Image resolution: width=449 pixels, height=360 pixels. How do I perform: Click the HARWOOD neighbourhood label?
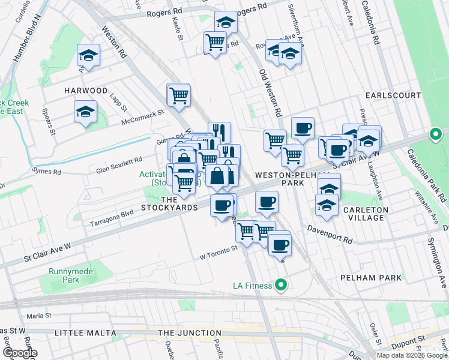click(x=86, y=91)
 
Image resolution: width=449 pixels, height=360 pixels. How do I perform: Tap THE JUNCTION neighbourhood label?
click(x=186, y=333)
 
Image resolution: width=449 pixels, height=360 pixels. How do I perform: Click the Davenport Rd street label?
click(x=330, y=235)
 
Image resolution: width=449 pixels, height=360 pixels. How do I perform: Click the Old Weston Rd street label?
click(x=270, y=93)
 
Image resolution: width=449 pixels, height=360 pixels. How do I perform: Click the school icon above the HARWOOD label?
click(x=88, y=56)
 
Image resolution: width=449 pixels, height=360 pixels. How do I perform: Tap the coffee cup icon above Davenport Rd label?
click(x=267, y=202)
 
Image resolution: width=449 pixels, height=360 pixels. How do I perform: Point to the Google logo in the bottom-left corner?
click(x=19, y=353)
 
